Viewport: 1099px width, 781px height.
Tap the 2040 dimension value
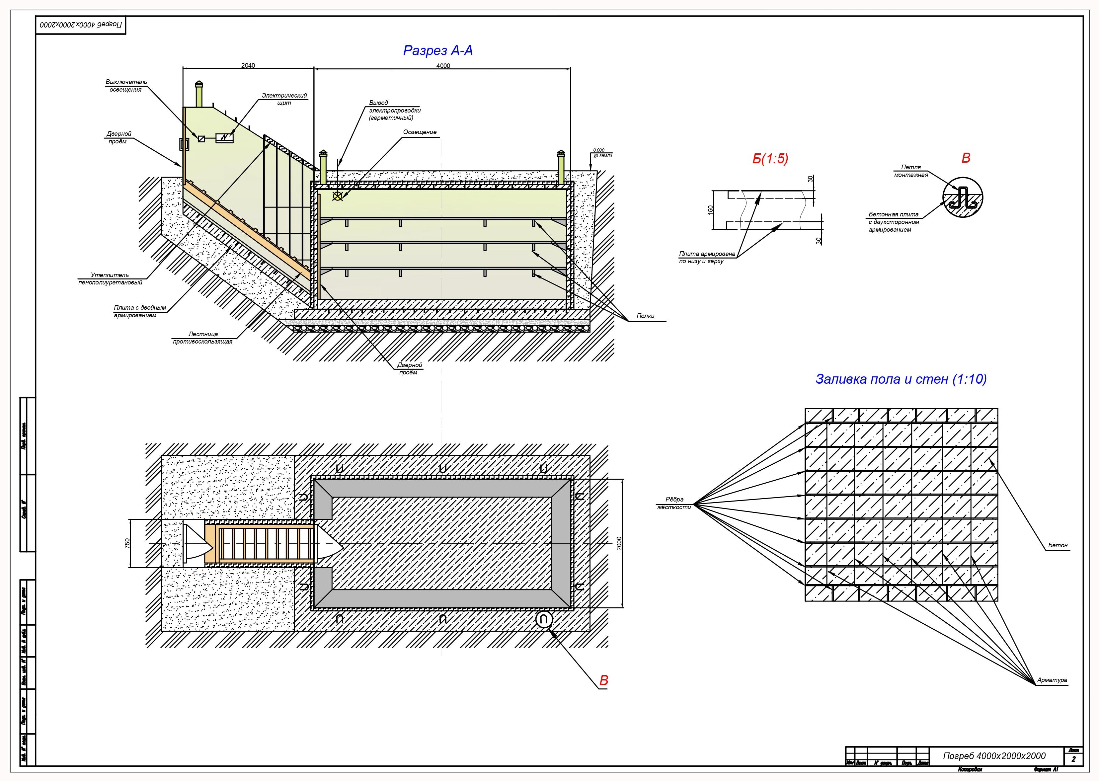click(x=248, y=66)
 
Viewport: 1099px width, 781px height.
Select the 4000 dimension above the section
click(x=443, y=66)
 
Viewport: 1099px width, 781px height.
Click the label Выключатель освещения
click(x=126, y=86)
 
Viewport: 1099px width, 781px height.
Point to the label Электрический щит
click(x=284, y=99)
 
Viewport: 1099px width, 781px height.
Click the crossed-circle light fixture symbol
click(x=338, y=196)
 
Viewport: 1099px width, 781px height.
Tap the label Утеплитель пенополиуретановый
click(x=110, y=279)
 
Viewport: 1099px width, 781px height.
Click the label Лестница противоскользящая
click(x=202, y=338)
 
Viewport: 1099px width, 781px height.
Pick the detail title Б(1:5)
click(x=770, y=159)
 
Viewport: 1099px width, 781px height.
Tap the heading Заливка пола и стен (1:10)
click(x=901, y=379)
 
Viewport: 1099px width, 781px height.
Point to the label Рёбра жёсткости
click(x=674, y=503)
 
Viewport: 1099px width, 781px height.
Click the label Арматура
click(x=1052, y=680)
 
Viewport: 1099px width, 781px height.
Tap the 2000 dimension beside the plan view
click(x=619, y=543)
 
